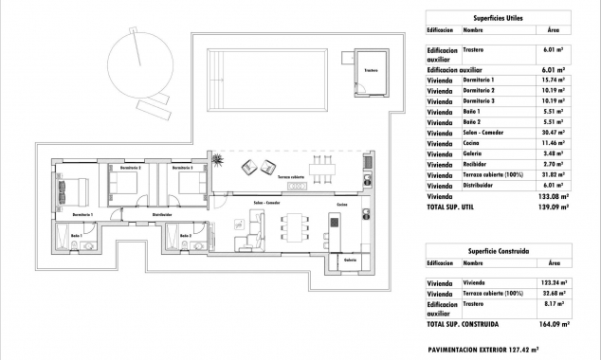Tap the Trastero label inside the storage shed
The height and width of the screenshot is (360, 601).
click(371, 69)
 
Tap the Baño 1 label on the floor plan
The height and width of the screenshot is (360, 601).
click(76, 234)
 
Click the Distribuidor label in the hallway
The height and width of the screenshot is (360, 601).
click(162, 215)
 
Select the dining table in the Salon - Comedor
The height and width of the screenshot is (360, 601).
click(295, 228)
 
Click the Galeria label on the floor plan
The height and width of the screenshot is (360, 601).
click(350, 260)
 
